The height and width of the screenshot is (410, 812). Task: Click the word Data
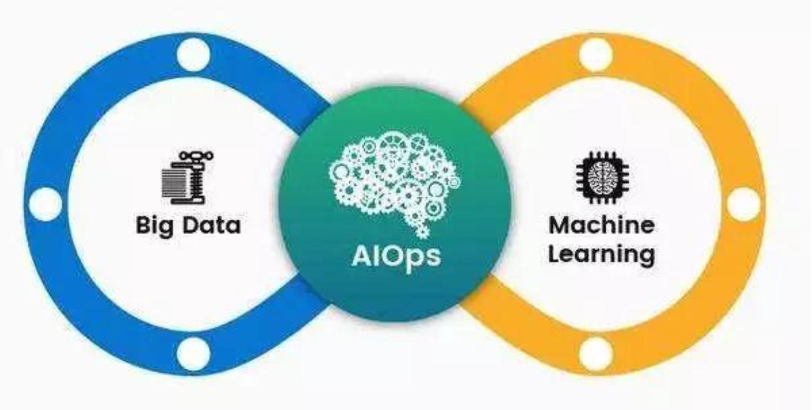click(211, 225)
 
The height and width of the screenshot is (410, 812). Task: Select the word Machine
click(602, 225)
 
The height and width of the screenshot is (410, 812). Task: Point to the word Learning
click(602, 255)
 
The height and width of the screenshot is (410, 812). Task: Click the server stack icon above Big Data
click(187, 178)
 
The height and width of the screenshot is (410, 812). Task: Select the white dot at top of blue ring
click(194, 55)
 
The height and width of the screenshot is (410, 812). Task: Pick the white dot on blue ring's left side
click(45, 204)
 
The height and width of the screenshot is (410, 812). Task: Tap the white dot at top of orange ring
click(595, 55)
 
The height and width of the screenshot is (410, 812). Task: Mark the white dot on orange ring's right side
click(743, 204)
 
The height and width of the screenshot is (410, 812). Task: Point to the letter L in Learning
click(555, 253)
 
